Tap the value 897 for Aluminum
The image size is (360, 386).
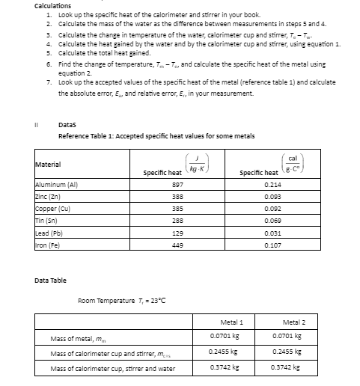[156, 183]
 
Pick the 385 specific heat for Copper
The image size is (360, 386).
[156, 203]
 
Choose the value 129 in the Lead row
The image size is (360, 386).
[156, 222]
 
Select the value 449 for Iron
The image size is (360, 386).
[156, 232]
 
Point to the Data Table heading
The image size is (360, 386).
[50, 281]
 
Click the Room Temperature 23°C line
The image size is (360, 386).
[121, 301]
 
